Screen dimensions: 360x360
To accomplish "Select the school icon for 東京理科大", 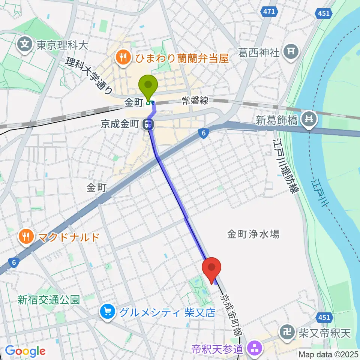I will (x=25, y=46).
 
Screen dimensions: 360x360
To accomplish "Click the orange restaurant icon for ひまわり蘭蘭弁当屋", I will (x=122, y=58).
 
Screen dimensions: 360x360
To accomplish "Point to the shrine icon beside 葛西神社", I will (x=291, y=52).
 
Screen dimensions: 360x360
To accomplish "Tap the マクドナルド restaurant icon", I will (x=25, y=237).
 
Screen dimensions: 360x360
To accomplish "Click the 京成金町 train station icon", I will (x=149, y=123).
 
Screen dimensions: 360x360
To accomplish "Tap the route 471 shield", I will (x=269, y=12).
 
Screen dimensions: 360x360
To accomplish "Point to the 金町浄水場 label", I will (x=253, y=234).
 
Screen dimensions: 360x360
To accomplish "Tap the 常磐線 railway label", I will (x=195, y=100).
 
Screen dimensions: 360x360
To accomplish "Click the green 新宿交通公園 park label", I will (x=49, y=300).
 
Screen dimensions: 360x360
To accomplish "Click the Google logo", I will (x=25, y=351).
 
